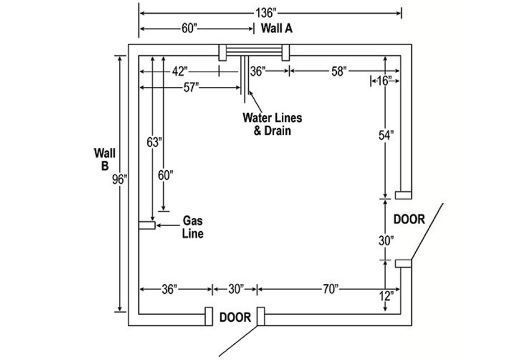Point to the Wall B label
click(104, 158)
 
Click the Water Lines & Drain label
click(272, 124)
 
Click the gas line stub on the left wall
click(147, 225)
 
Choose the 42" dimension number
click(179, 71)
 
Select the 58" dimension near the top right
click(338, 71)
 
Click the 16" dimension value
click(384, 81)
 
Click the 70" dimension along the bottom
click(331, 289)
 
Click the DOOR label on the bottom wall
click(235, 317)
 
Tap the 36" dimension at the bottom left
click(169, 289)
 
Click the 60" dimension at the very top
click(189, 29)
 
